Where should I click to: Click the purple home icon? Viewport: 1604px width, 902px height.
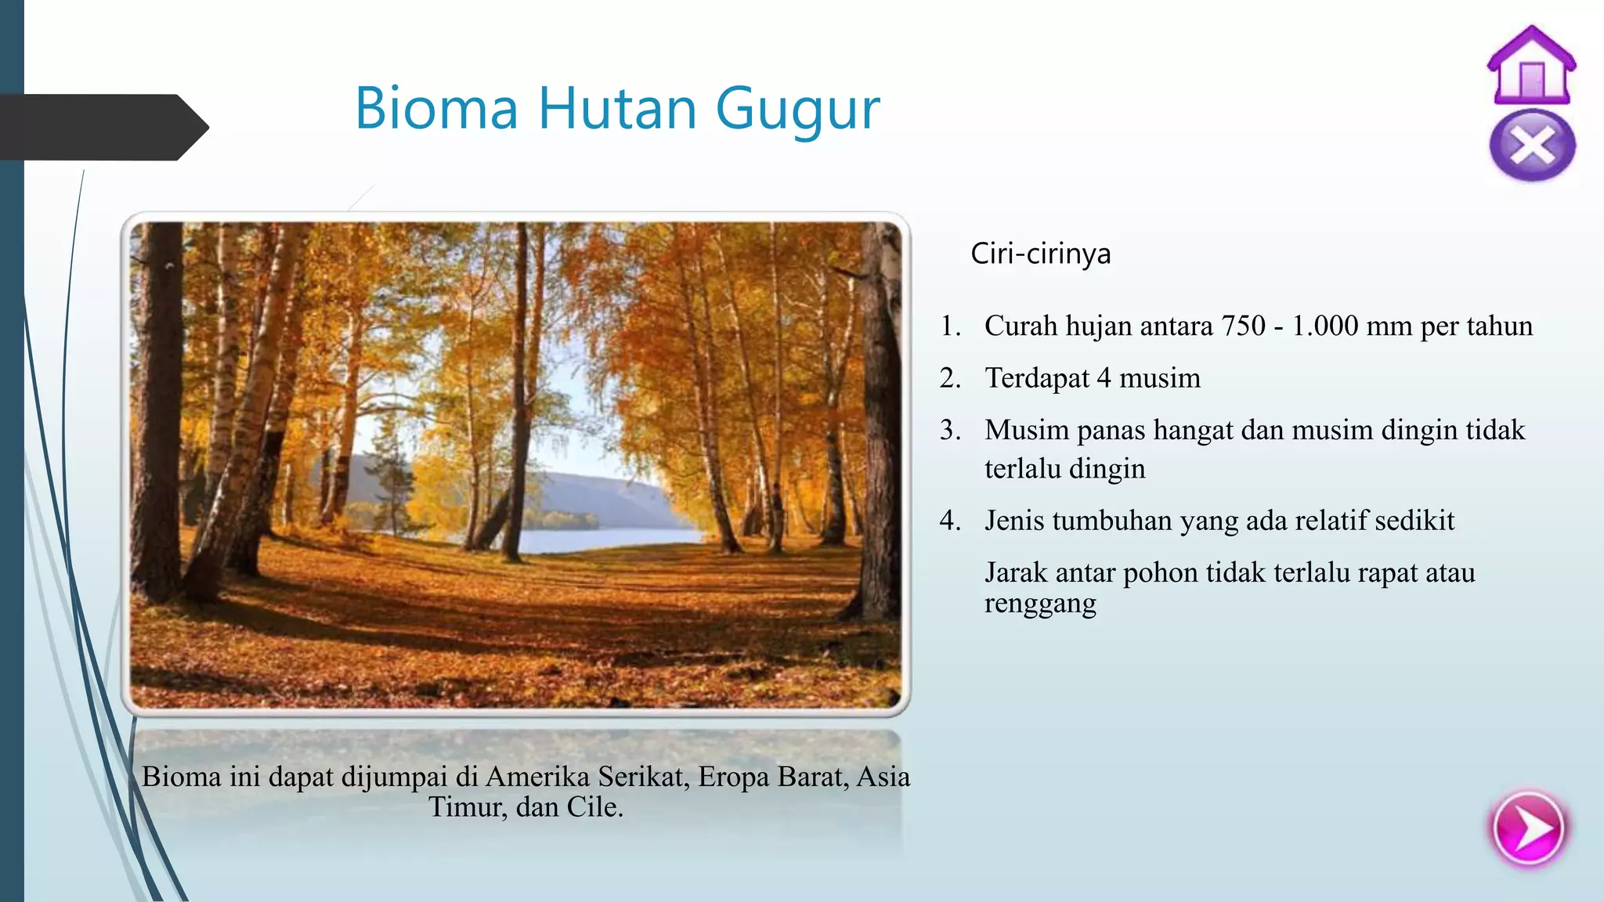coord(1531,67)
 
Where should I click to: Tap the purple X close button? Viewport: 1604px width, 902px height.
coord(1532,146)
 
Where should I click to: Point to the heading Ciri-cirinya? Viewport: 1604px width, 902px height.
coord(1040,254)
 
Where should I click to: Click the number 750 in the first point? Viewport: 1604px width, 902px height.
coord(1243,326)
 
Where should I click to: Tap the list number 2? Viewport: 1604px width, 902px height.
coord(950,378)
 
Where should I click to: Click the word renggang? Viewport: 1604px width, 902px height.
coord(1040,604)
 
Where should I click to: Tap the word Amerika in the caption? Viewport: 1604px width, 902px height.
coord(537,777)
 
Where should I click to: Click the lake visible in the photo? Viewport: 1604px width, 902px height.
coord(603,539)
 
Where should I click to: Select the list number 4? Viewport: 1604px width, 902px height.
coord(950,521)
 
